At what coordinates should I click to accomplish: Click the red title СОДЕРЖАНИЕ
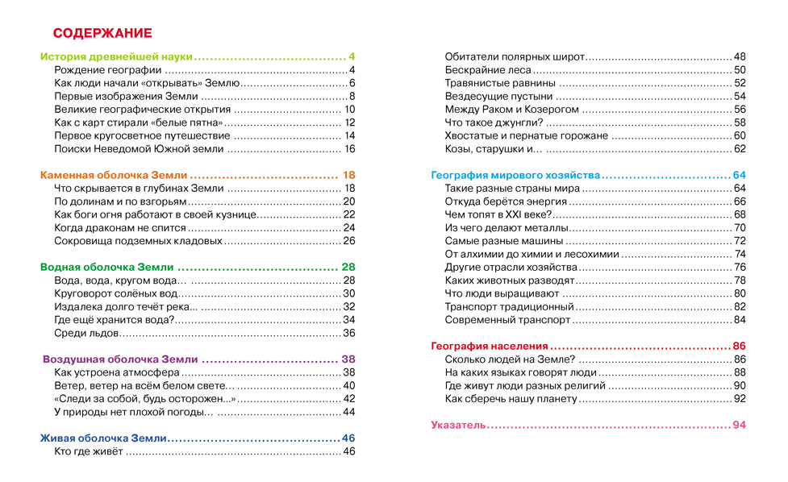[102, 33]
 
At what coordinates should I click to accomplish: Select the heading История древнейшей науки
[117, 57]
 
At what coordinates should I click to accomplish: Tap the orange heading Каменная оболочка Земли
[114, 175]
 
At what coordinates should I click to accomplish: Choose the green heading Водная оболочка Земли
[106, 267]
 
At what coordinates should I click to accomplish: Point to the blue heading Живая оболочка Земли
[103, 438]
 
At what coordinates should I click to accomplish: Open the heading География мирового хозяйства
[515, 175]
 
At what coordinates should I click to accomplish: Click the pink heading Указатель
[457, 425]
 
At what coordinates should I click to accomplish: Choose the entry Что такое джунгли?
[494, 123]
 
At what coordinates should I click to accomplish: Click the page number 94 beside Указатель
[739, 425]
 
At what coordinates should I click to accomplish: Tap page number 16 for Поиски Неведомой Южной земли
[349, 149]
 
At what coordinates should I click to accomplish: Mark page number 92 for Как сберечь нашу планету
[740, 398]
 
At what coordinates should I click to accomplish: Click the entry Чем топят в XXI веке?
[498, 214]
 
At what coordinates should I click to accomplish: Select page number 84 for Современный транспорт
[740, 320]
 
